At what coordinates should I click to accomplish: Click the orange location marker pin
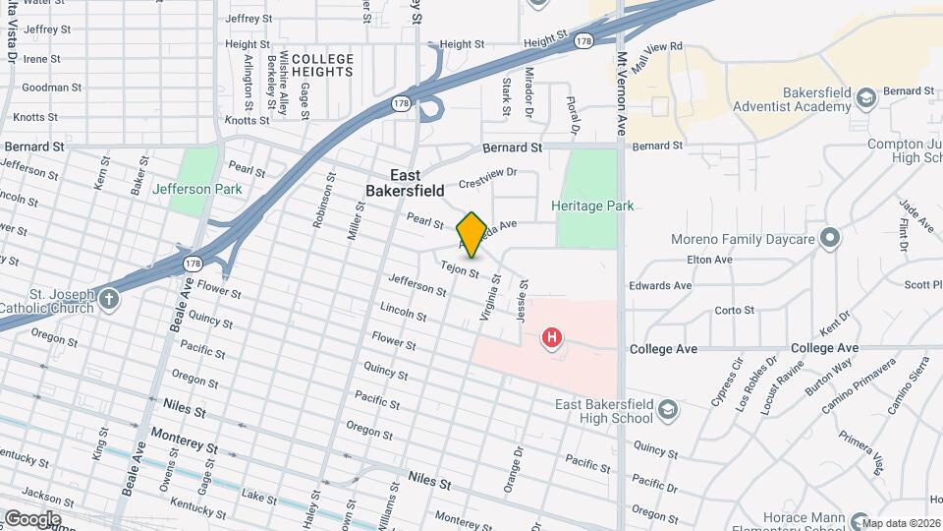point(471,235)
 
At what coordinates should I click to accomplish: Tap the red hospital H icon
point(552,338)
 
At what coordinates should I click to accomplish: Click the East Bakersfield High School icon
point(668,409)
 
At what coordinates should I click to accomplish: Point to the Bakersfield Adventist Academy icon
point(865,97)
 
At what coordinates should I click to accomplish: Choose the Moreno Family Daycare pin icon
point(830,238)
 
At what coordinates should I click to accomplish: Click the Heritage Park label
point(592,206)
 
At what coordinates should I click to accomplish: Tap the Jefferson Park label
point(195,189)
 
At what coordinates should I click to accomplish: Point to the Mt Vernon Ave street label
point(621,92)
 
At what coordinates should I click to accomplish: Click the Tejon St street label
point(459,267)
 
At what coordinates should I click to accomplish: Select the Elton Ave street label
point(710,260)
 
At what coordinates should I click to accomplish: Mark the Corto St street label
point(734,310)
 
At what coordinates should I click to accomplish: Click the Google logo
point(32,518)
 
